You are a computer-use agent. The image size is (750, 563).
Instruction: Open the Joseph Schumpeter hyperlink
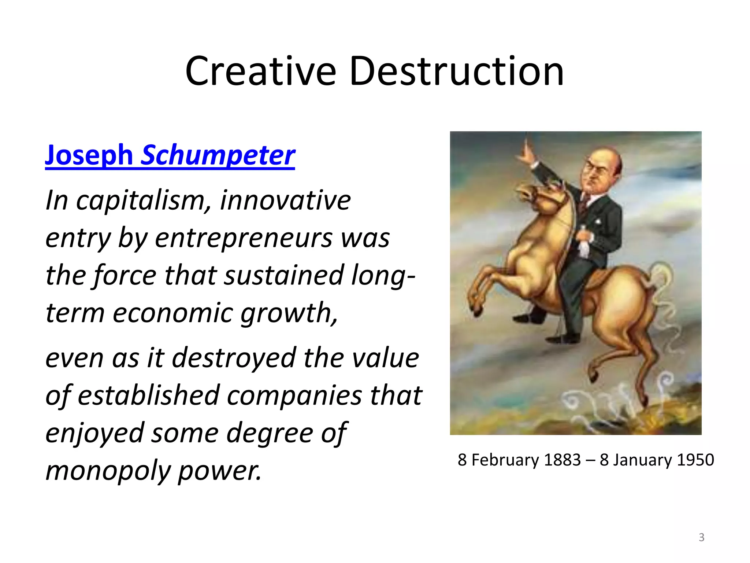pos(170,155)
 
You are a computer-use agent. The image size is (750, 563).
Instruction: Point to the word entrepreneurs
pos(243,238)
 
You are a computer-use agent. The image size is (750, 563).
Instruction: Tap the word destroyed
pos(234,358)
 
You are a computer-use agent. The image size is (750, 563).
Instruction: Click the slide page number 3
pos(701,537)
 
